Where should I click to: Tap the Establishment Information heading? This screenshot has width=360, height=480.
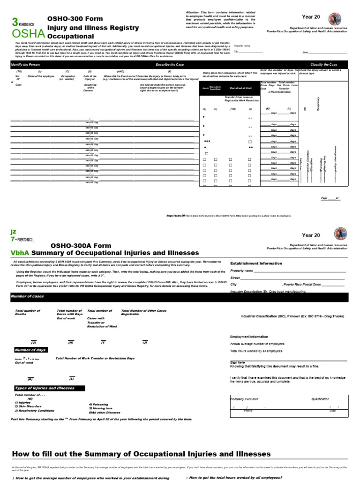(x=256, y=263)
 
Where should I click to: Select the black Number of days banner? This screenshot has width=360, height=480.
(x=30, y=350)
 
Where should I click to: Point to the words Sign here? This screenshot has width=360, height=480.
(x=238, y=362)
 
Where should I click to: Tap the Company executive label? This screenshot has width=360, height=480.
(x=244, y=399)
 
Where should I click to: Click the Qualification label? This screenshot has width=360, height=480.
(x=320, y=399)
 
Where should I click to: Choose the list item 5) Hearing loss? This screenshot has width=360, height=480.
(x=101, y=408)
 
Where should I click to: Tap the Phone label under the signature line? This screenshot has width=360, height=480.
(x=248, y=410)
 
